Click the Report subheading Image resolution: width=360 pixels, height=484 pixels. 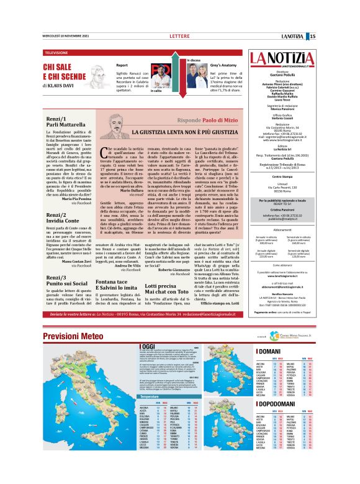click(x=122, y=64)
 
